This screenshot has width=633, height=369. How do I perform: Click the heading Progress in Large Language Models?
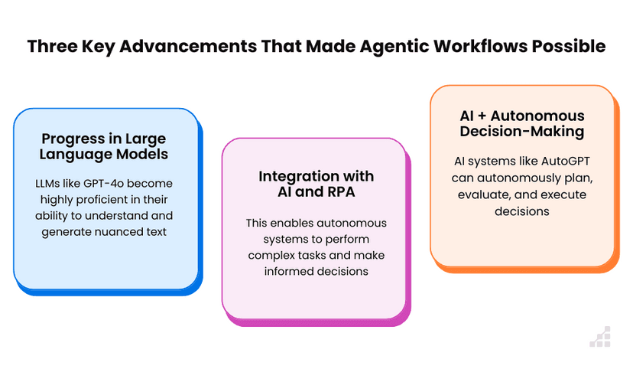coord(104,146)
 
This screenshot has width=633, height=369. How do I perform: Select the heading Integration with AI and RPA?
coord(316,184)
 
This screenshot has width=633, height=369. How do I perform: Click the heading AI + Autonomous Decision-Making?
coord(522,124)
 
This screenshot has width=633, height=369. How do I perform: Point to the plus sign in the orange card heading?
coord(482,116)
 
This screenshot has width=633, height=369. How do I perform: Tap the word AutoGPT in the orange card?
coord(565,162)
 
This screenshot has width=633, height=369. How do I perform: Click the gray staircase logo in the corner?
coord(600,337)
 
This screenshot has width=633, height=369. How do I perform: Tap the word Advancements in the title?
coord(188,46)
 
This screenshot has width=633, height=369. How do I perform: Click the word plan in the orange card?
coord(581,178)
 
